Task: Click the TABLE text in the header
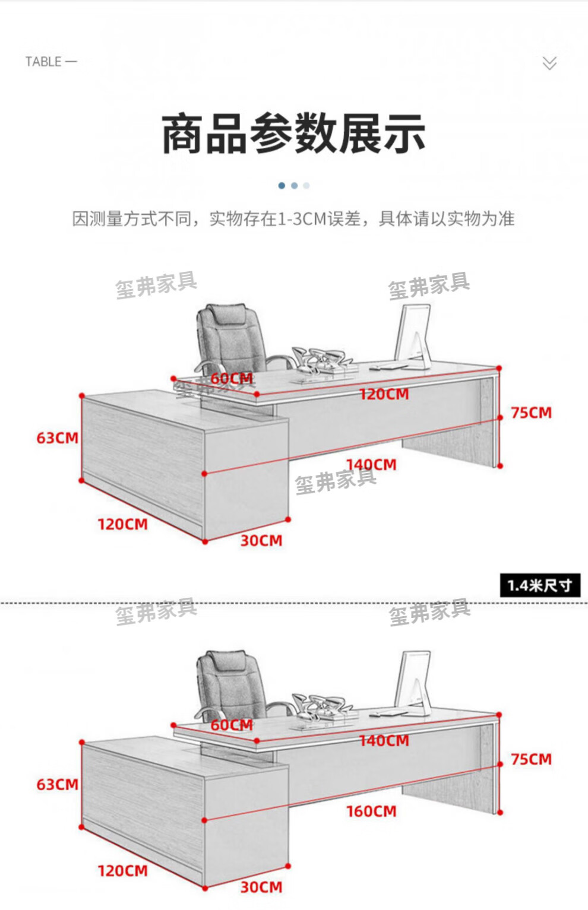pos(43,62)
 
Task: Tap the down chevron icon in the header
pos(549,63)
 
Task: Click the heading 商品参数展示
pos(293,134)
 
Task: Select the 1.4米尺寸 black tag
pos(539,585)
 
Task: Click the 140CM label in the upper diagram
pos(371,464)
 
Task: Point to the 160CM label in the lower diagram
pos(371,811)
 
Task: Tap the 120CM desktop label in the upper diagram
pos(384,394)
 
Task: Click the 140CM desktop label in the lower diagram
pos(384,741)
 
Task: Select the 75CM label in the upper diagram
pos(531,413)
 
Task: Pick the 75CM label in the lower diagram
pos(531,759)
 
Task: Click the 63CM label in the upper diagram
pos(57,438)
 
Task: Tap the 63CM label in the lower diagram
pos(57,785)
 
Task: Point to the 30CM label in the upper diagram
pos(261,541)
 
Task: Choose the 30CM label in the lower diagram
pos(261,887)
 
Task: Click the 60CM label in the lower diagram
pos(232,725)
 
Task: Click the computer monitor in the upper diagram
pos(413,335)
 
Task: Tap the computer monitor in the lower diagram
pos(414,682)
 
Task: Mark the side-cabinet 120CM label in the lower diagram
pos(122,871)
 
